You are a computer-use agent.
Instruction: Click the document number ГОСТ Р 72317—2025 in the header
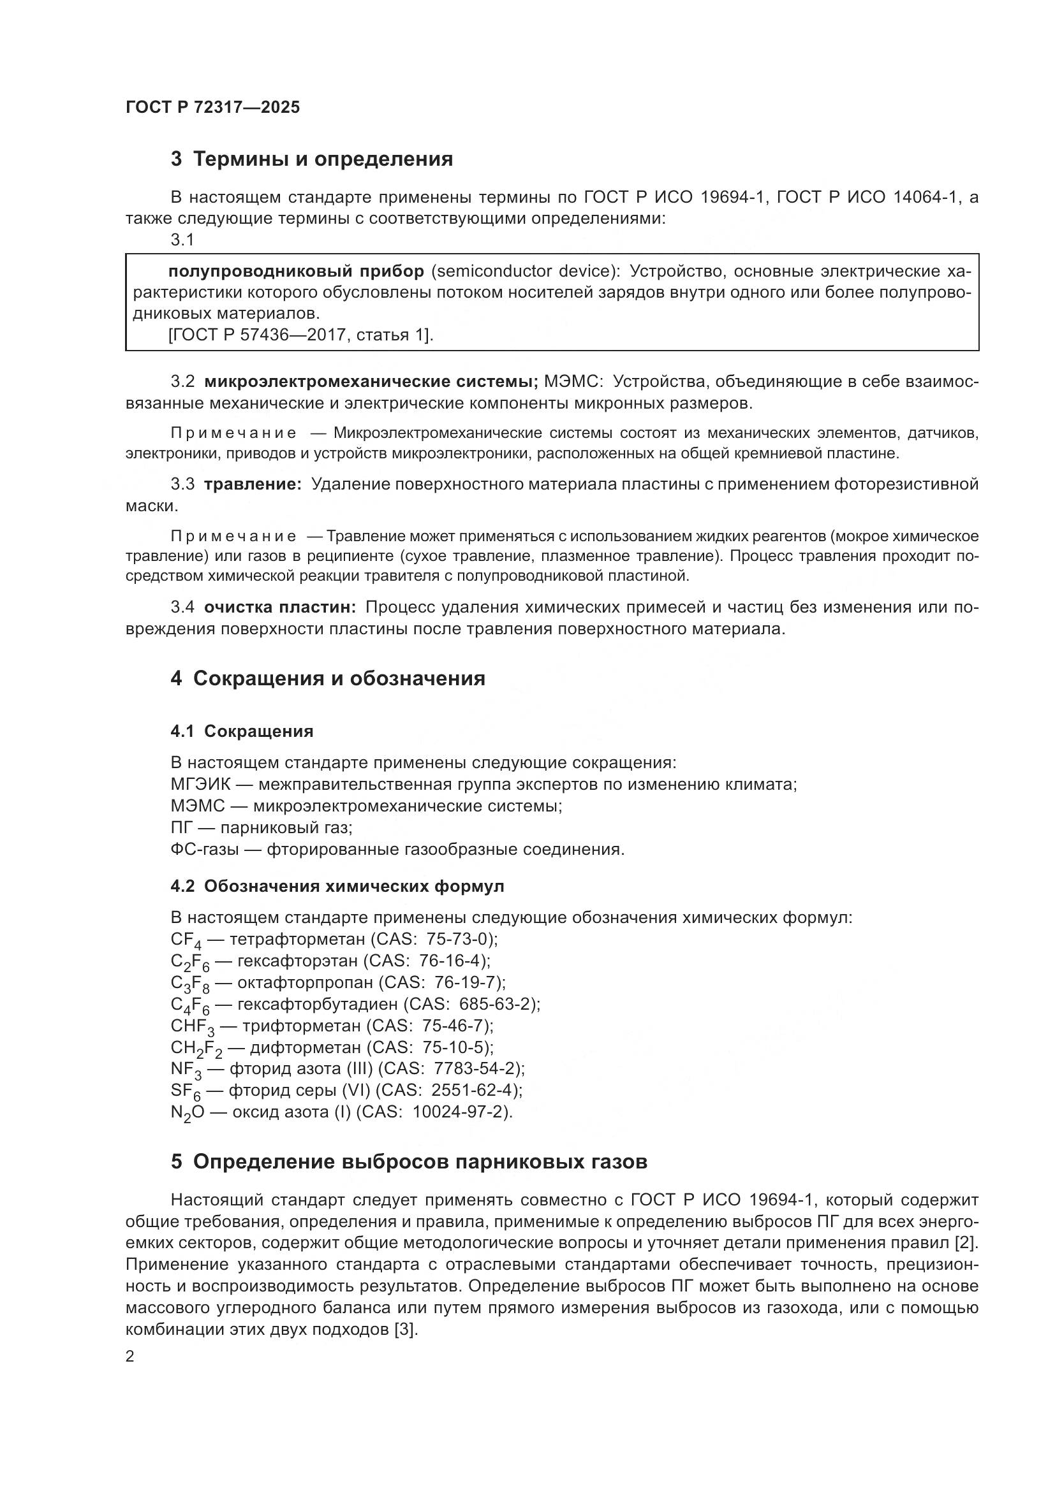click(x=212, y=107)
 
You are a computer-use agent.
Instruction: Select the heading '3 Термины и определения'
click(x=312, y=159)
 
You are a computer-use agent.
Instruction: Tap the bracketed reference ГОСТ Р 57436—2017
click(x=256, y=335)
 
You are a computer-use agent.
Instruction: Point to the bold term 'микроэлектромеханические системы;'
click(x=371, y=382)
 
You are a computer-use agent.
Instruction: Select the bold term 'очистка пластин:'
click(x=280, y=607)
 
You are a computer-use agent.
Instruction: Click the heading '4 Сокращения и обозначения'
click(x=328, y=679)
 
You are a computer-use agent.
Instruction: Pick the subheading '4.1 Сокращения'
click(x=242, y=731)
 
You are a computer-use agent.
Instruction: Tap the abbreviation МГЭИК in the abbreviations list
click(x=200, y=785)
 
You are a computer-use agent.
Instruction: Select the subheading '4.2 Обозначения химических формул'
click(x=337, y=887)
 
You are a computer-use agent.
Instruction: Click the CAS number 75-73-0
click(x=459, y=939)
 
